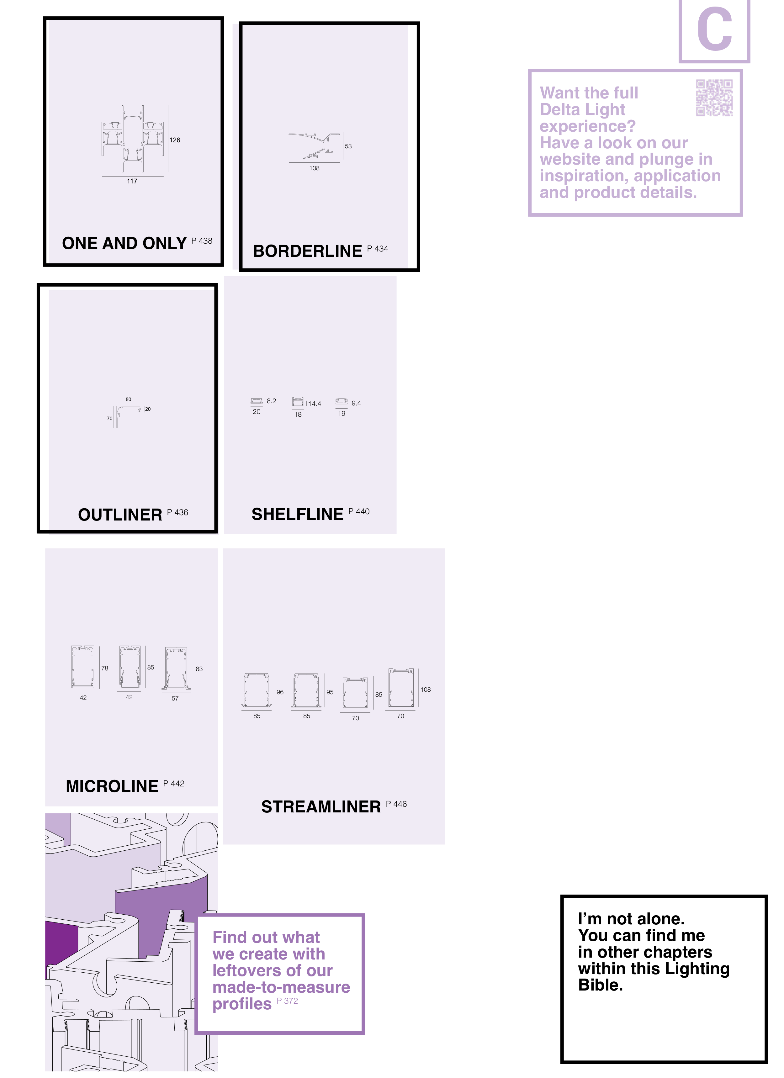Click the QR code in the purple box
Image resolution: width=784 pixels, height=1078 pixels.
tap(714, 98)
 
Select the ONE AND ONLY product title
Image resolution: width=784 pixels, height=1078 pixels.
tap(124, 243)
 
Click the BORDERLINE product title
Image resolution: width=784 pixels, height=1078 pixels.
tap(308, 251)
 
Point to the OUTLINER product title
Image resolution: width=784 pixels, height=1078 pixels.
tap(120, 515)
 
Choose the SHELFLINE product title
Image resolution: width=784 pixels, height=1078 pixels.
tap(297, 514)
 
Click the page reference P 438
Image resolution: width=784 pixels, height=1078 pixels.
tap(202, 241)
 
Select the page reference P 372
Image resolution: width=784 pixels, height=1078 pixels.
tap(287, 1001)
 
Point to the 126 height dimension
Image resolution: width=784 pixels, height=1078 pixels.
tap(175, 140)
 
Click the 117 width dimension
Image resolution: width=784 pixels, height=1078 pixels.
tap(132, 181)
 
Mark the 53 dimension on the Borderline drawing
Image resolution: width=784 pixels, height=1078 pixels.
tap(348, 146)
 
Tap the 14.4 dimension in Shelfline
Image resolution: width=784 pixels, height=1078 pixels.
tap(315, 404)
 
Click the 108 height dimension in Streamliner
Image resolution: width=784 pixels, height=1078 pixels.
tap(426, 690)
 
